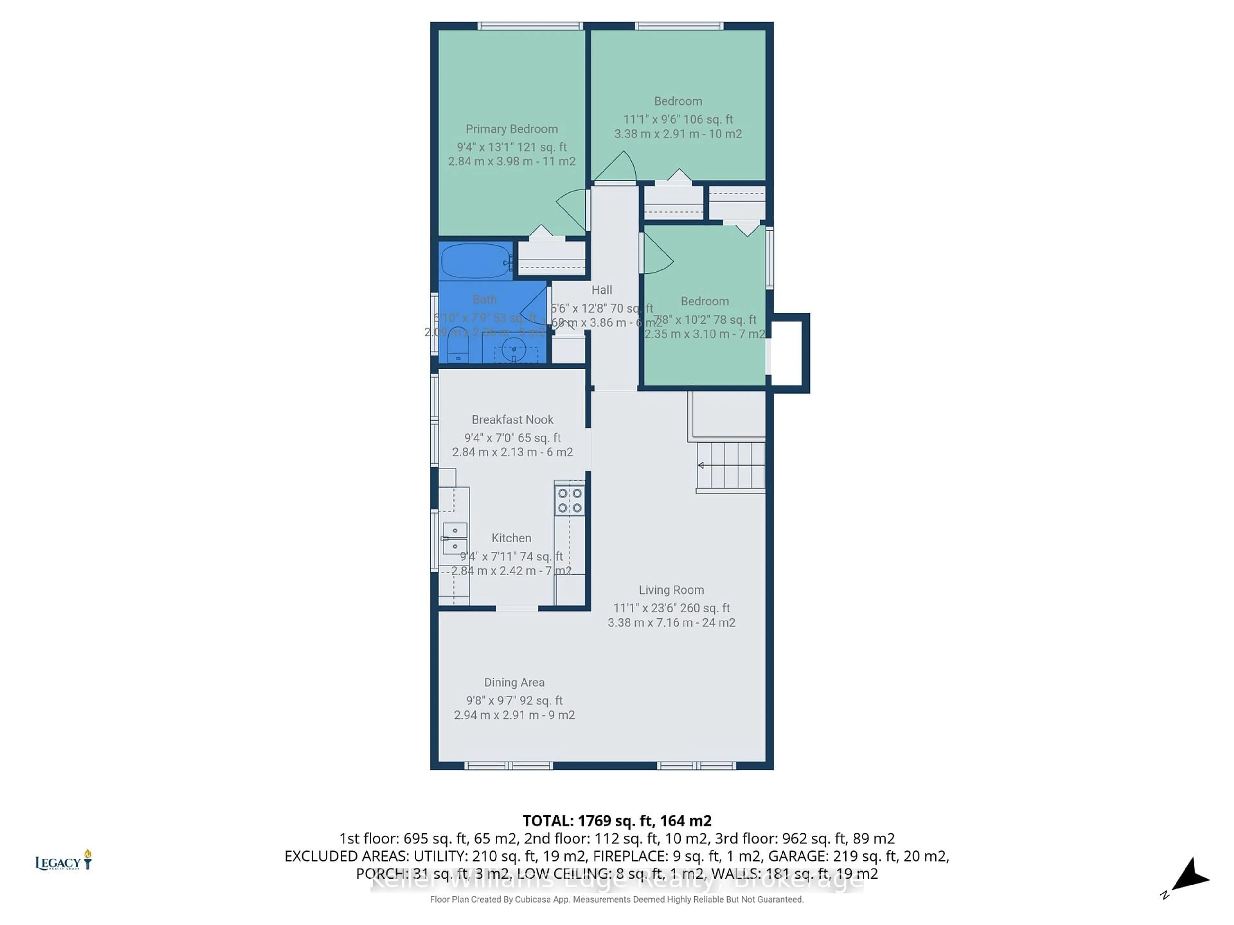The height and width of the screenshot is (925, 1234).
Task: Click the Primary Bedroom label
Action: tap(512, 129)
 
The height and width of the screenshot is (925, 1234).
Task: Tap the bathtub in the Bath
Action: tap(475, 261)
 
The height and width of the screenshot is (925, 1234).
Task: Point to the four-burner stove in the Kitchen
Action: tap(569, 500)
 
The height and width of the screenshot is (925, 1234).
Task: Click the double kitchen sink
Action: tap(455, 538)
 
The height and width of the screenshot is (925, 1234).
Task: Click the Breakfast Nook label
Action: tap(512, 419)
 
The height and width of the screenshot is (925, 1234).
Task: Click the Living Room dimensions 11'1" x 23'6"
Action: tap(671, 608)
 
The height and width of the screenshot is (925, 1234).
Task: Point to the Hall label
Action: tap(601, 290)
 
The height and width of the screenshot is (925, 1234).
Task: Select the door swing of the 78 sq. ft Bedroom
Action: tap(657, 255)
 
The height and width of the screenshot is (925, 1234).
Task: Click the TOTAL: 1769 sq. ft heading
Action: tap(616, 821)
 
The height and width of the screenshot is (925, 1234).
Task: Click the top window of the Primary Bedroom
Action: tap(530, 26)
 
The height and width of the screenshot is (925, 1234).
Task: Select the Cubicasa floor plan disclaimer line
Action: tap(616, 899)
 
